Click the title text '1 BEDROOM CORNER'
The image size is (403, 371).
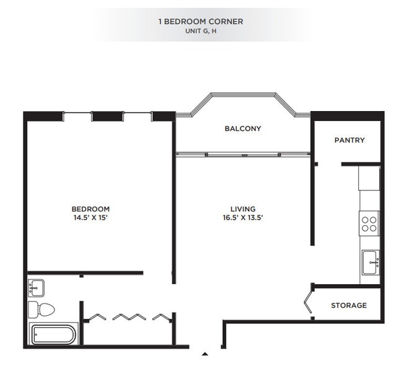[x=201, y=21]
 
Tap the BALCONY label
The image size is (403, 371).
[x=242, y=129]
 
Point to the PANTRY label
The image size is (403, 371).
[x=350, y=140]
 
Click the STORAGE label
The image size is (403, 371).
[x=348, y=305]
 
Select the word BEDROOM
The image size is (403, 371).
[x=91, y=209]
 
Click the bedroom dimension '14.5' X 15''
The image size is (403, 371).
[x=91, y=218]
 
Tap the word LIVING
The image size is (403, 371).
[x=242, y=209]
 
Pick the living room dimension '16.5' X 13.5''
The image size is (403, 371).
[x=242, y=218]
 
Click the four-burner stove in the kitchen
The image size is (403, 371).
[x=370, y=223]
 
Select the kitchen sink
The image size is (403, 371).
[x=370, y=261]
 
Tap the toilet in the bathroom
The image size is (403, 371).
[x=43, y=309]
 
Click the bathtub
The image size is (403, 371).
[x=53, y=334]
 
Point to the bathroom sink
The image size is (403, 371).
[x=36, y=287]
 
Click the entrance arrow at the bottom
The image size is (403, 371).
[x=205, y=354]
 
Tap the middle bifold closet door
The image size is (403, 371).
[x=129, y=317]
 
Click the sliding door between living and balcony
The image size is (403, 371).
[x=242, y=153]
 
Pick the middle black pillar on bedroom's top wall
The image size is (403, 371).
[x=107, y=116]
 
